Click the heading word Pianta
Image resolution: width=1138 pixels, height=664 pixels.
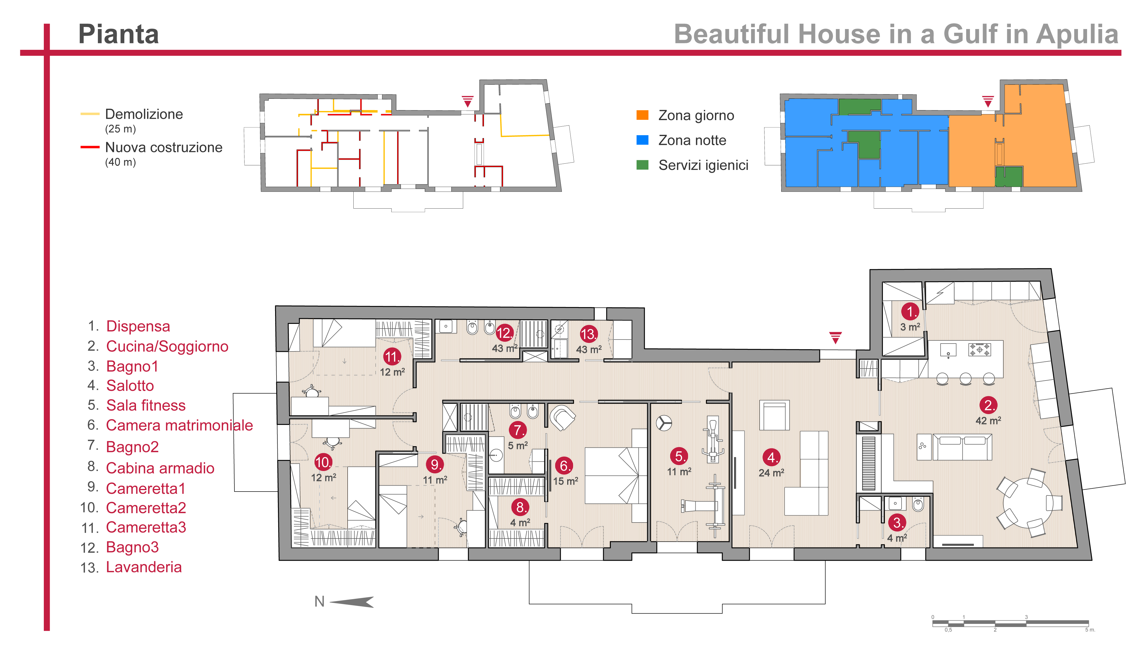(x=118, y=34)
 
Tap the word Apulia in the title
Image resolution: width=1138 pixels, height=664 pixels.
(x=1077, y=34)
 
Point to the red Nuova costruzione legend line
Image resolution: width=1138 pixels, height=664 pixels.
(x=90, y=147)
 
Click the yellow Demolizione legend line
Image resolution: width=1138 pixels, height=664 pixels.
(x=90, y=114)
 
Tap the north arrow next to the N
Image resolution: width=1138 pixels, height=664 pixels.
(x=352, y=602)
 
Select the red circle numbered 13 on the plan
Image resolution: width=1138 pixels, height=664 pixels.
(x=588, y=334)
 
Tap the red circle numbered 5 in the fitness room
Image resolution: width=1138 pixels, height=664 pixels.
(x=679, y=456)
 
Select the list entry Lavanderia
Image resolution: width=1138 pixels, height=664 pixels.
(x=144, y=567)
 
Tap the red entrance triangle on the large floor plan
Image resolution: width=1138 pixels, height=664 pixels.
(x=836, y=338)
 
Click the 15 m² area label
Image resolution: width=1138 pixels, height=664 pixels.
(x=565, y=481)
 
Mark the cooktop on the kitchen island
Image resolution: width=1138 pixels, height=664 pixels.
(x=980, y=349)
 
